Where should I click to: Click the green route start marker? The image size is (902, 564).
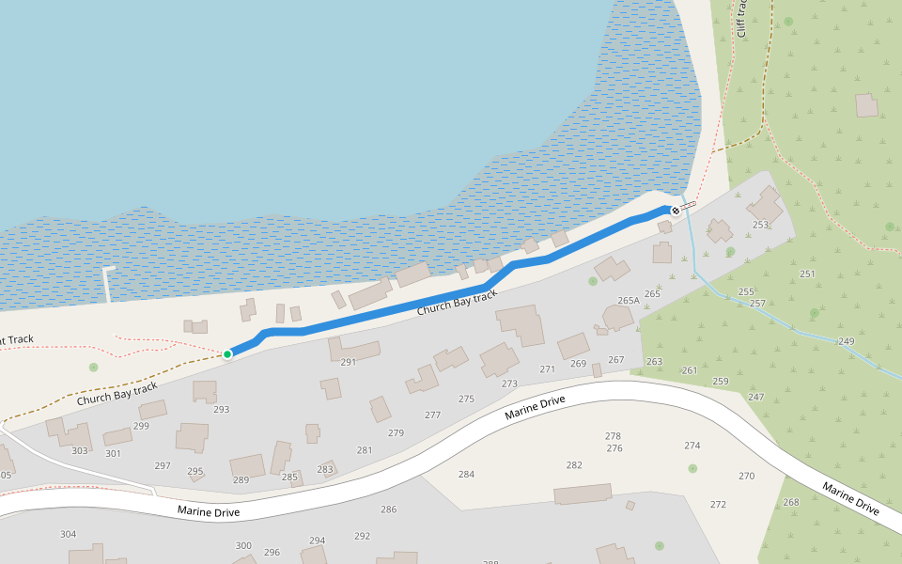(227, 354)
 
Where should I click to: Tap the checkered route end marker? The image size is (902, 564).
(675, 211)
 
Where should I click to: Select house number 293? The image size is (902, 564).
(221, 410)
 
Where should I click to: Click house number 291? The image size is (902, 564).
(349, 362)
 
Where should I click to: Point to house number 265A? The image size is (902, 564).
(629, 301)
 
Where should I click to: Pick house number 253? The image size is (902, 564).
(760, 225)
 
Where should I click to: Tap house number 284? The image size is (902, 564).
(466, 474)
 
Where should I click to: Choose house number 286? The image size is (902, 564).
(388, 509)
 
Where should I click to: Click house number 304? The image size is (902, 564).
(68, 535)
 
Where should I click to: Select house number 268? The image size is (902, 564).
(791, 502)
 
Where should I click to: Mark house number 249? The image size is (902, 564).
(847, 341)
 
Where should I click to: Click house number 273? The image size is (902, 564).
(509, 384)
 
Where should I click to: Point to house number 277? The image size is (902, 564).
(432, 415)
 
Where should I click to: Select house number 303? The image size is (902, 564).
(80, 451)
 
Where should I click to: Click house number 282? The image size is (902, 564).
(574, 465)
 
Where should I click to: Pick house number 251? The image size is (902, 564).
(807, 274)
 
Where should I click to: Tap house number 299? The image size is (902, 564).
(141, 427)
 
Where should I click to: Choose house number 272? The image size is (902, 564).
(718, 505)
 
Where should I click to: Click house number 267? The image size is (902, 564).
(616, 360)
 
